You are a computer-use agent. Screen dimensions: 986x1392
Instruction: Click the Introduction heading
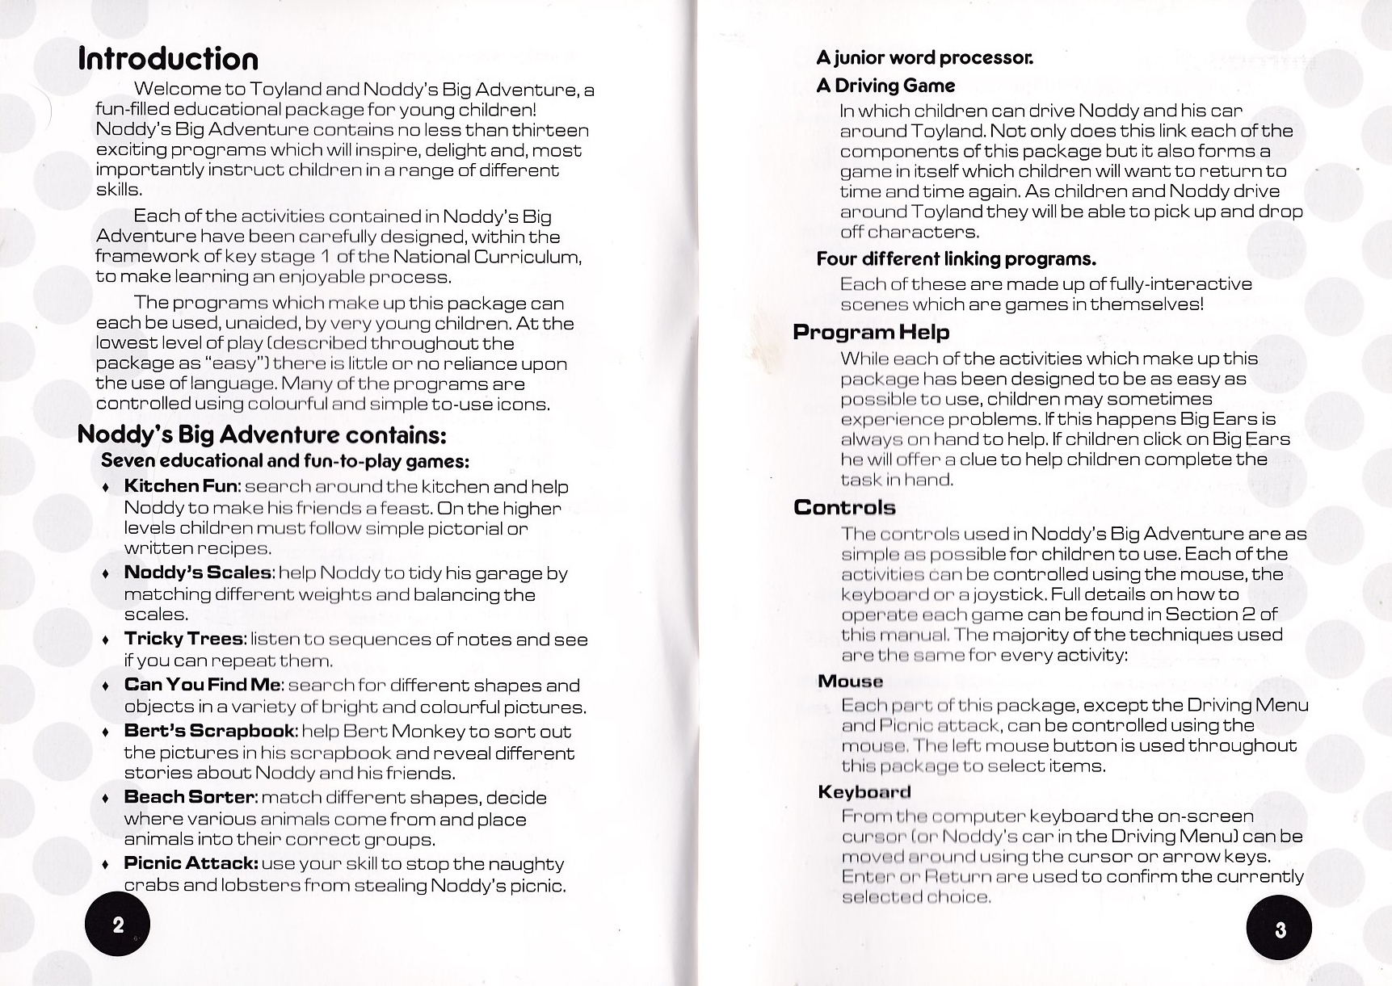(168, 59)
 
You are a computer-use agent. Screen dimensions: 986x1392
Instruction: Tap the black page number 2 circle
(118, 925)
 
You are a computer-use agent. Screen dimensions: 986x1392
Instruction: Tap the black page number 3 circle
(1279, 930)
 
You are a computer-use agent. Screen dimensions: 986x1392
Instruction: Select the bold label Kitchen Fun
(181, 486)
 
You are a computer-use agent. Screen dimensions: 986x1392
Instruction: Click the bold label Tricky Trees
(183, 639)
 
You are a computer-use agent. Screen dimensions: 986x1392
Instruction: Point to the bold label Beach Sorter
(190, 797)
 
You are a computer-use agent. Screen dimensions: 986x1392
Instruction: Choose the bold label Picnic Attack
(191, 863)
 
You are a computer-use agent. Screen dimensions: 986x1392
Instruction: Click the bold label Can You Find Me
(202, 685)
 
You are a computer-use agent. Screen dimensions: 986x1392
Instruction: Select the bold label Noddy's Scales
(198, 573)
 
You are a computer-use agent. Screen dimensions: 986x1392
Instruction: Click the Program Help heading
(871, 332)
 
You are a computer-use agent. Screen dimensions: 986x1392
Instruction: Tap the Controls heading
(844, 507)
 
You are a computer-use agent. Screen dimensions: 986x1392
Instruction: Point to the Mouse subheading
(850, 681)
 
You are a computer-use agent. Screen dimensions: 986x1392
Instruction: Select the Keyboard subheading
(864, 791)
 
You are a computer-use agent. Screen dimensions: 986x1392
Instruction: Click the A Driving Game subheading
(885, 86)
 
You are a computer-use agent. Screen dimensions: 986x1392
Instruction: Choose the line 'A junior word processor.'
(924, 57)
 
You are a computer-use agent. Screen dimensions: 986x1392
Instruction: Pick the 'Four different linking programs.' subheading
(956, 258)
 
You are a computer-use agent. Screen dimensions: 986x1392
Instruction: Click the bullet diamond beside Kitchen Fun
(106, 488)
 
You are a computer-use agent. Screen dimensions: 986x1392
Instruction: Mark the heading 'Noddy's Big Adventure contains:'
(262, 435)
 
